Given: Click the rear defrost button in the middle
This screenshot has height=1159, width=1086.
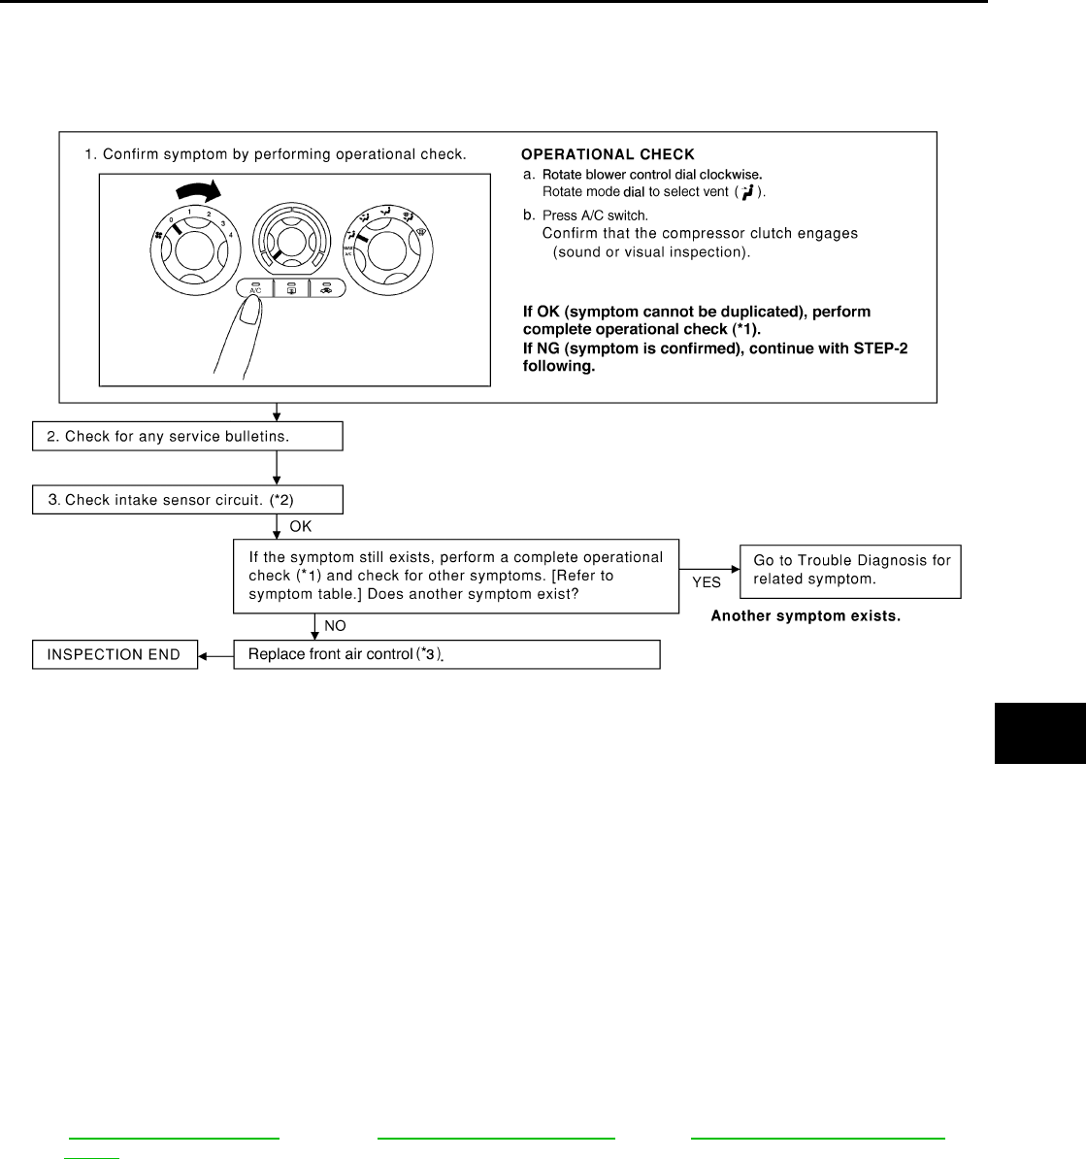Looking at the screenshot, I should pyautogui.click(x=291, y=288).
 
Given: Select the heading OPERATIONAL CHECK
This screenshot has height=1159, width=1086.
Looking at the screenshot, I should pyautogui.click(x=608, y=154).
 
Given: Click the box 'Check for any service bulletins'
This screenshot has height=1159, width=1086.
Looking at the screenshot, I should pyautogui.click(x=187, y=437).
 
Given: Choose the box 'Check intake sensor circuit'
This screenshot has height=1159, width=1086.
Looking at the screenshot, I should pyautogui.click(x=187, y=500).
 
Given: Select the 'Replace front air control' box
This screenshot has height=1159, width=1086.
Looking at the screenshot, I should pyautogui.click(x=446, y=654).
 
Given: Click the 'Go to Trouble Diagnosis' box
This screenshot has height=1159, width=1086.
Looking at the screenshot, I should pyautogui.click(x=850, y=571).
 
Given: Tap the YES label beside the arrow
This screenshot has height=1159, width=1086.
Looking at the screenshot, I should pyautogui.click(x=706, y=583).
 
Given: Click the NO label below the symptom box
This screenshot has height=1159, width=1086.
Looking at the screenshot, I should pyautogui.click(x=335, y=626).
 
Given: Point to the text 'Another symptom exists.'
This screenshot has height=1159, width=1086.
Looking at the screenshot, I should pyautogui.click(x=806, y=616).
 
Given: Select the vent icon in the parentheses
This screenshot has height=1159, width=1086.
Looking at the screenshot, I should pyautogui.click(x=747, y=193).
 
